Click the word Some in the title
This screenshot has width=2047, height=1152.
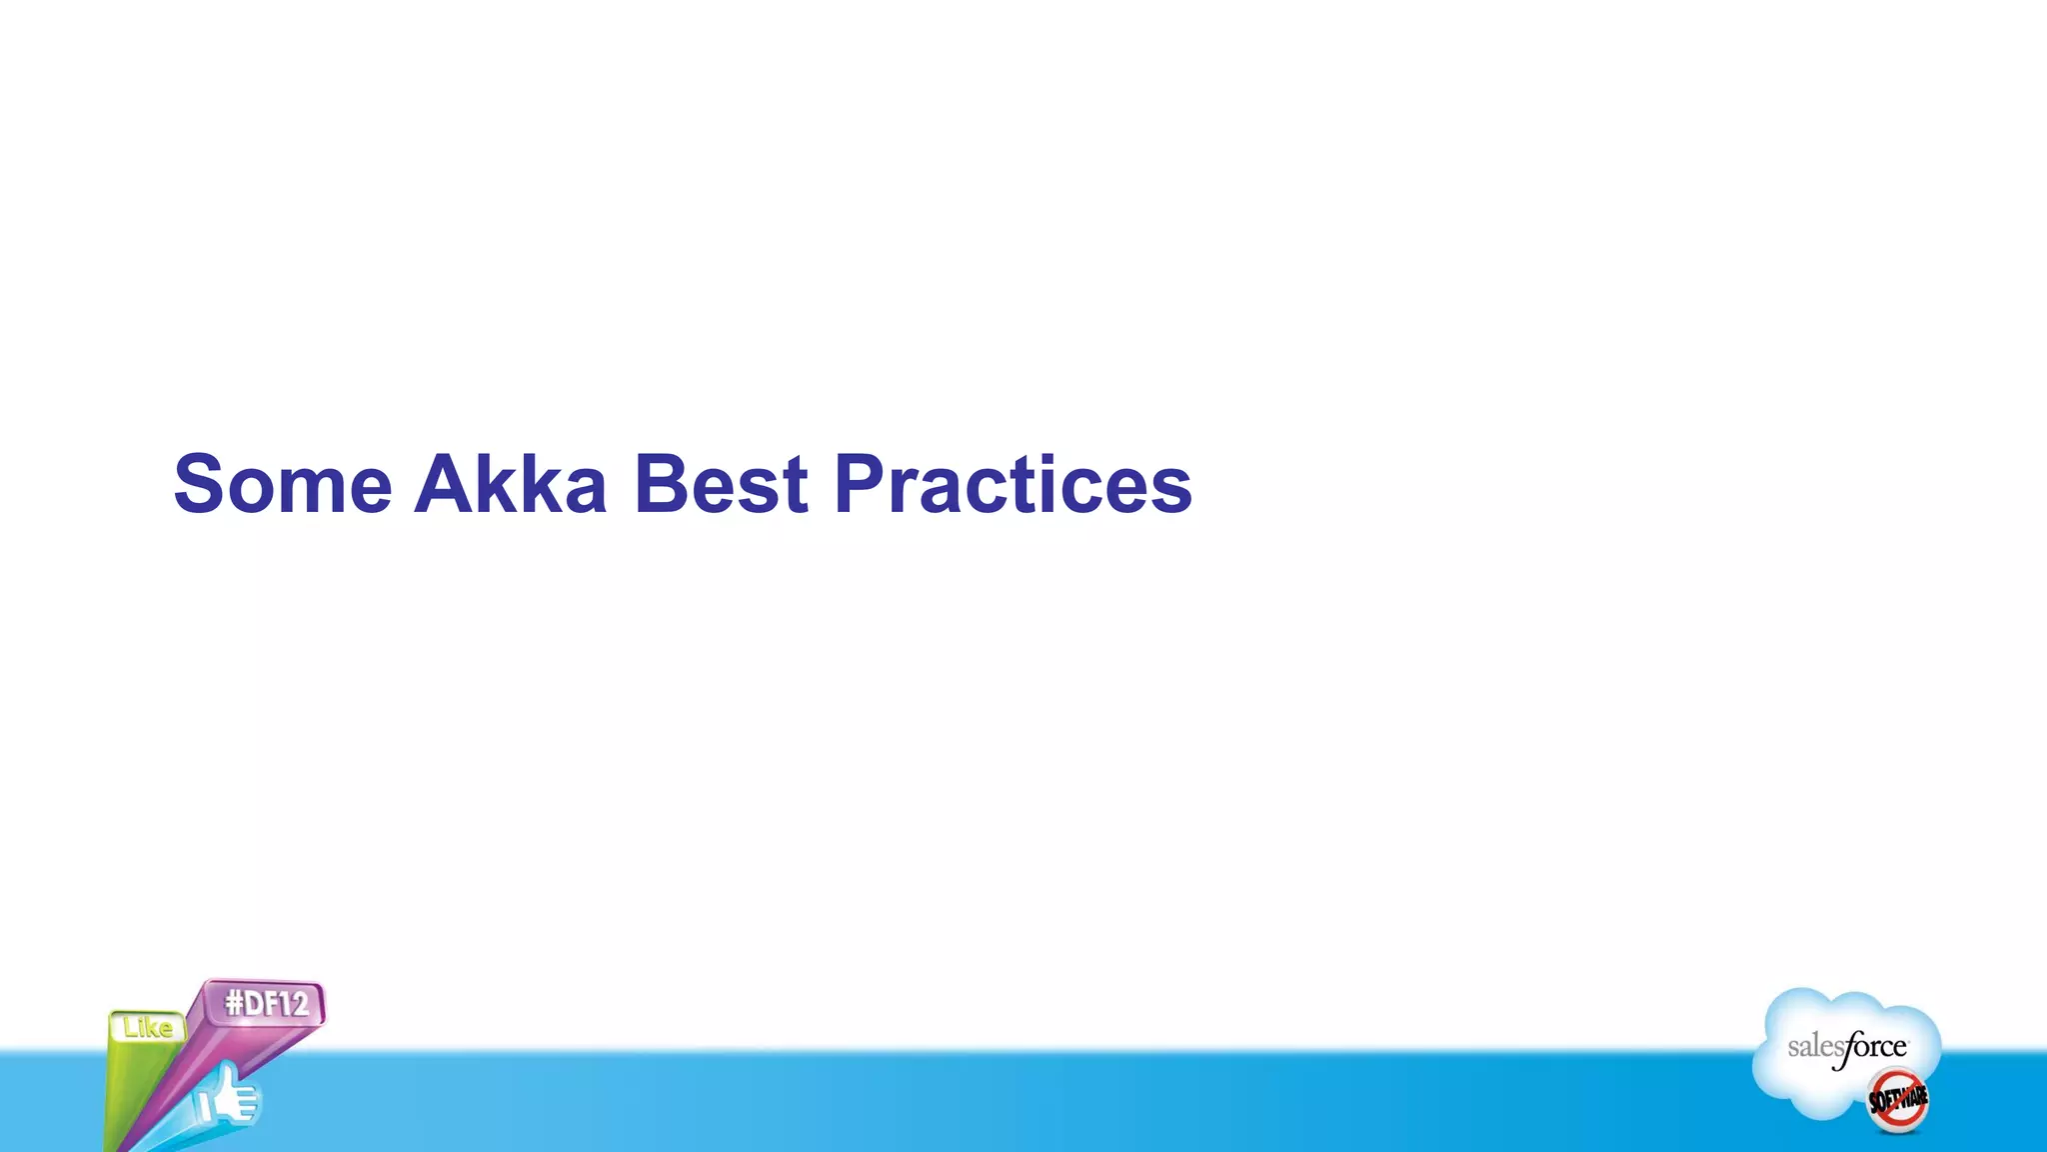click(x=283, y=485)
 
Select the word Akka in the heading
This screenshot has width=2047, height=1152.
click(x=510, y=485)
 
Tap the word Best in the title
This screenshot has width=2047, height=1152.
click(x=720, y=485)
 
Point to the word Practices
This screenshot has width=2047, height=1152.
click(x=1013, y=485)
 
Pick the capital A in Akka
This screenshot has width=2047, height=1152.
click(x=446, y=485)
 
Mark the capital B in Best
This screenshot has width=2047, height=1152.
click(x=663, y=485)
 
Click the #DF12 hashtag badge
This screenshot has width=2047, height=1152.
click(x=266, y=1003)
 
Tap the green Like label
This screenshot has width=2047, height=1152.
click(x=148, y=1028)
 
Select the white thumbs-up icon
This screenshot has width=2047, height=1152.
click(x=228, y=1098)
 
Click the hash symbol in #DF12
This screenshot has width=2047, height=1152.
click(x=235, y=1003)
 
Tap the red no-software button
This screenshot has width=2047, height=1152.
click(x=1897, y=1099)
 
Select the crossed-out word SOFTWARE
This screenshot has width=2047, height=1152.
click(x=1897, y=1099)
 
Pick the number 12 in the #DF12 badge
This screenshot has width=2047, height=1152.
click(x=292, y=1002)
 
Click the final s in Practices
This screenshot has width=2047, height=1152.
click(x=1173, y=492)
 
